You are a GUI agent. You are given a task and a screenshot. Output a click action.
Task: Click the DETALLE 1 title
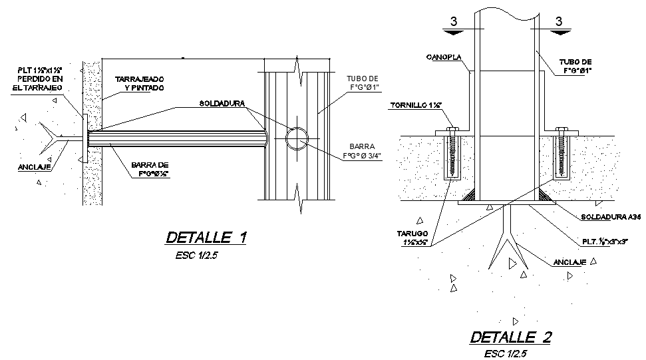(x=206, y=238)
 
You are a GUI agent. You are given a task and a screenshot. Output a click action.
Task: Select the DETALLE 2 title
(x=510, y=337)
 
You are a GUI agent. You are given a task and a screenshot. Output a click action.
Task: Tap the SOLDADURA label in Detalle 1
(x=222, y=104)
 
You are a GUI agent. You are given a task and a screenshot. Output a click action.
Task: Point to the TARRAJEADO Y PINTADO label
(x=140, y=83)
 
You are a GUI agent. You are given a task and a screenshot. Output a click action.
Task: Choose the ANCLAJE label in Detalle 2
(x=570, y=262)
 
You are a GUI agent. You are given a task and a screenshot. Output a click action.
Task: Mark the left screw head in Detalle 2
(x=454, y=130)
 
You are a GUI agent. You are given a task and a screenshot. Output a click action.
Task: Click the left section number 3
(x=454, y=21)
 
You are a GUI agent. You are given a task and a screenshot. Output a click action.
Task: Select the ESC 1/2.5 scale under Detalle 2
(x=506, y=353)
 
